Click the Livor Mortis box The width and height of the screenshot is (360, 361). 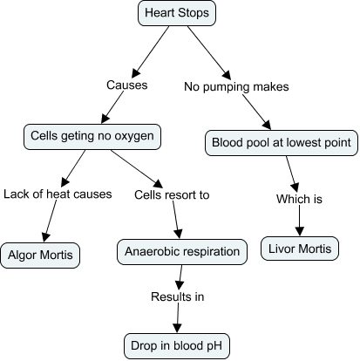coord(299,249)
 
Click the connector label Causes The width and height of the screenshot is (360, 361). coord(126,86)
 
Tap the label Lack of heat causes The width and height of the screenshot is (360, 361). coord(58,194)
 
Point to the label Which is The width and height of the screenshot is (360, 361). coord(299,199)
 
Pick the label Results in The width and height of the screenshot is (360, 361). coord(177,297)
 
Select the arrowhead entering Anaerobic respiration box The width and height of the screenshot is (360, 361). coord(180,237)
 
